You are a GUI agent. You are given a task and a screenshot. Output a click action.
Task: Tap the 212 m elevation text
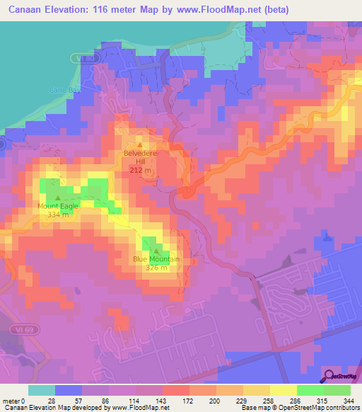139,171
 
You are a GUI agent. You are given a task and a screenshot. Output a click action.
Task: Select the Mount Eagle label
58,206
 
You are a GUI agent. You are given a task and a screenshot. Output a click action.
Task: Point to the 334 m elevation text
58,214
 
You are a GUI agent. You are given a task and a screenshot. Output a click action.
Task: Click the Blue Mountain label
156,259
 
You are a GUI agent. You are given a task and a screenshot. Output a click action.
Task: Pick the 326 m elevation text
156,268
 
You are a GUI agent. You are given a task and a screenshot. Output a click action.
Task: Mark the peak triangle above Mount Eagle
58,198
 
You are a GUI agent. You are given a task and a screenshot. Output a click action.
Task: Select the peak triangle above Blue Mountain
156,250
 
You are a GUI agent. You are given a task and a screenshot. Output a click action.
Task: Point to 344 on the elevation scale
341,401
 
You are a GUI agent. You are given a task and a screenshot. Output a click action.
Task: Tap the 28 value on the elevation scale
51,401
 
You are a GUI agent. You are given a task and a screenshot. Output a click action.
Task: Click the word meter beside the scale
10,401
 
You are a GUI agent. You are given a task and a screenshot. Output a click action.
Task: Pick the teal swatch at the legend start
41,390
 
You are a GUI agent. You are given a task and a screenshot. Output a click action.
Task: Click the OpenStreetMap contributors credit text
319,408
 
